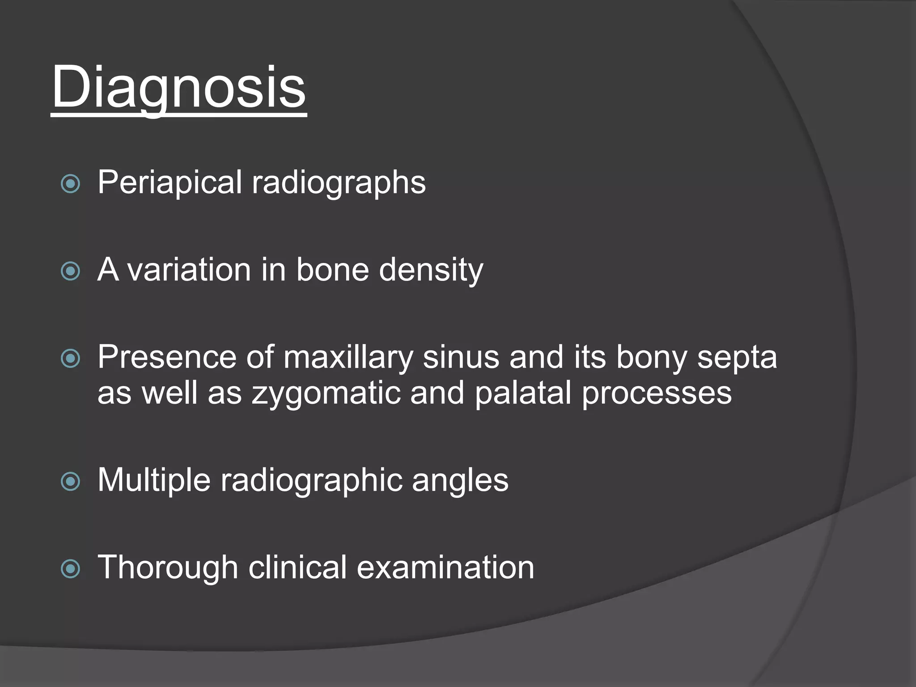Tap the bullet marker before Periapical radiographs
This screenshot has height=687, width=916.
pyautogui.click(x=70, y=183)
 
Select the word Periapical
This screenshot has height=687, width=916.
pyautogui.click(x=170, y=182)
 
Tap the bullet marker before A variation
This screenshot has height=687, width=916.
pyautogui.click(x=70, y=271)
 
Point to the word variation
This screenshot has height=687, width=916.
pyautogui.click(x=189, y=270)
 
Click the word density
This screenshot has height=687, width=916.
pyautogui.click(x=431, y=270)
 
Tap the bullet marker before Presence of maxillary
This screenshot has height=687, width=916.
pyautogui.click(x=70, y=358)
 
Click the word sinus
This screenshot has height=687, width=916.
pyautogui.click(x=461, y=358)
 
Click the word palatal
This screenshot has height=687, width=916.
pyautogui.click(x=522, y=394)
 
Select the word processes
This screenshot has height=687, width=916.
pyautogui.click(x=657, y=394)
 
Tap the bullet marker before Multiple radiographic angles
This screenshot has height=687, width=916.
pyautogui.click(x=70, y=482)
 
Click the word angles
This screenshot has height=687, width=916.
pyautogui.click(x=460, y=481)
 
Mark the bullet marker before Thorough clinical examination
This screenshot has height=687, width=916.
pyautogui.click(x=70, y=569)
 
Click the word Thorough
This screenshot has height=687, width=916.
pyautogui.click(x=168, y=568)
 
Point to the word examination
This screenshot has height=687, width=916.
pyautogui.click(x=445, y=568)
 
